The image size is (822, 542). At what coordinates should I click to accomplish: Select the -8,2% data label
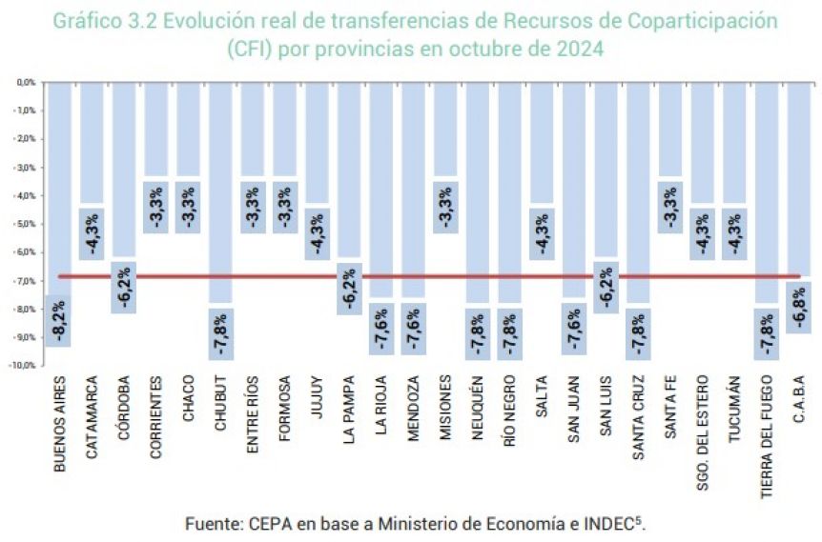pos(59,321)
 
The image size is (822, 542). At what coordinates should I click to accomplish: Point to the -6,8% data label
pos(800,306)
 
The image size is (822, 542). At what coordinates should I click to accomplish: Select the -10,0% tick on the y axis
pos(23,365)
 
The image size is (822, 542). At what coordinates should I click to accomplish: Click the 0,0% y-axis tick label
pos(26,83)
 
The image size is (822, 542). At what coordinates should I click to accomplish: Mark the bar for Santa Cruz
pos(638,191)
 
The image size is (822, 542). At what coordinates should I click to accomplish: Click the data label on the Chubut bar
pos(220,333)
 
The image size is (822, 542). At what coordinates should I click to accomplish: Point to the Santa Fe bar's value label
pos(670,207)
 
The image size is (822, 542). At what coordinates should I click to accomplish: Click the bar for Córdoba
pos(124,171)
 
